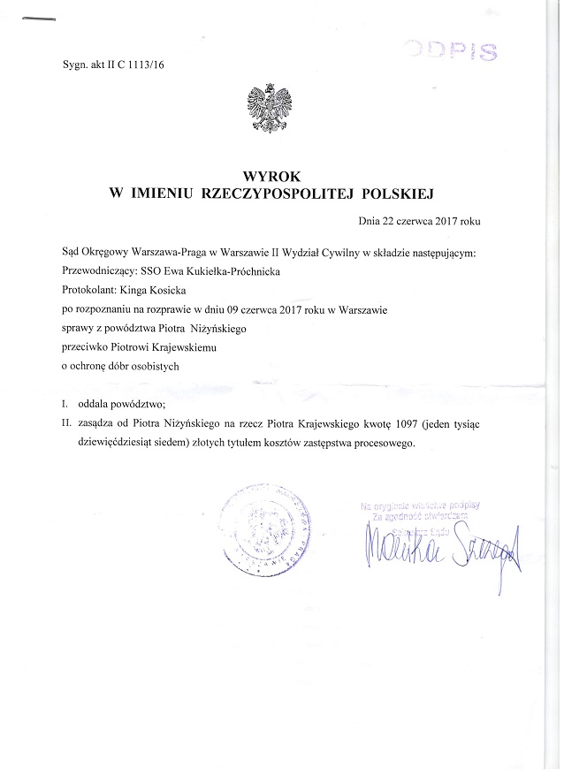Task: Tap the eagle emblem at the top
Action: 267,108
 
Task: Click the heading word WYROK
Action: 262,175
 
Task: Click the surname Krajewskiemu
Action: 201,347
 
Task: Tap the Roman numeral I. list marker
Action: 65,404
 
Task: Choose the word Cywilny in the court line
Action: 332,254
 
